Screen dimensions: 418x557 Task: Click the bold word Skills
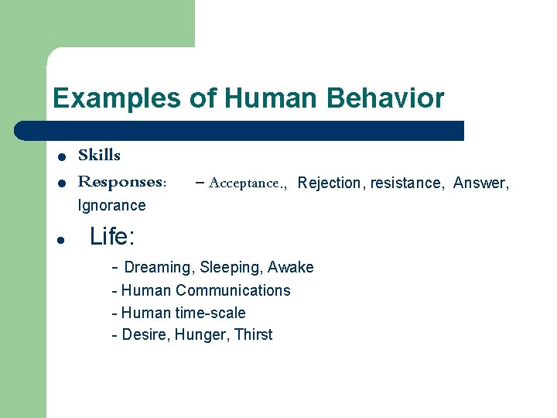click(x=99, y=156)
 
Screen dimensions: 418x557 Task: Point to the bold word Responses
click(x=121, y=183)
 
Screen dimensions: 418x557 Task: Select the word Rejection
click(x=329, y=183)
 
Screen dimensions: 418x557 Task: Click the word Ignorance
click(x=111, y=205)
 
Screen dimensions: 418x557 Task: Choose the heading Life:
click(x=112, y=236)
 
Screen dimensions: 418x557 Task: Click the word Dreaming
click(x=157, y=268)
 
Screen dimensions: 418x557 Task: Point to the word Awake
click(x=291, y=268)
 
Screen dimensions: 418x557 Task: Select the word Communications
click(x=233, y=290)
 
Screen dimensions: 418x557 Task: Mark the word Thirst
click(x=253, y=335)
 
